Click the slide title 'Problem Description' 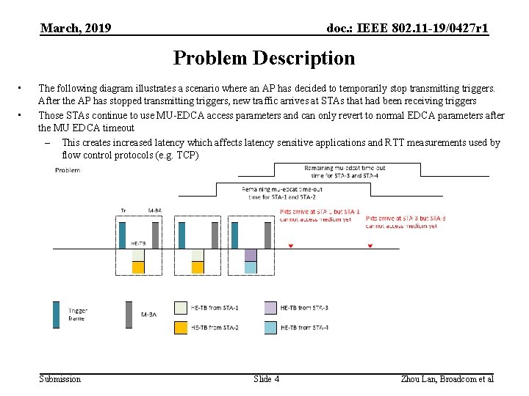pyautogui.click(x=264, y=58)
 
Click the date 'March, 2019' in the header pyautogui.click(x=76, y=29)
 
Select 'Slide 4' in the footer pyautogui.click(x=266, y=379)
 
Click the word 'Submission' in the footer pyautogui.click(x=60, y=379)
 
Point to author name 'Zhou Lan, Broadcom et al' pyautogui.click(x=447, y=379)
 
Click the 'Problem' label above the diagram pyautogui.click(x=68, y=171)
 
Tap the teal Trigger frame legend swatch pyautogui.click(x=56, y=314)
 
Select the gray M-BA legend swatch pyautogui.click(x=129, y=314)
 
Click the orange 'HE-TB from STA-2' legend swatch pyautogui.click(x=181, y=328)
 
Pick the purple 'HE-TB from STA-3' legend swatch pyautogui.click(x=270, y=307)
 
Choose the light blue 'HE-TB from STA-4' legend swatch pyautogui.click(x=270, y=328)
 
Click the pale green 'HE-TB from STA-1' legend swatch pyautogui.click(x=181, y=307)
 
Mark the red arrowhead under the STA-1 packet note pyautogui.click(x=291, y=246)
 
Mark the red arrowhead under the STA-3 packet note pyautogui.click(x=370, y=246)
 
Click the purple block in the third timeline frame pyautogui.click(x=251, y=254)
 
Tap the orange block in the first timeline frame pyautogui.click(x=138, y=268)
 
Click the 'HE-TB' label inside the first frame pyautogui.click(x=138, y=243)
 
